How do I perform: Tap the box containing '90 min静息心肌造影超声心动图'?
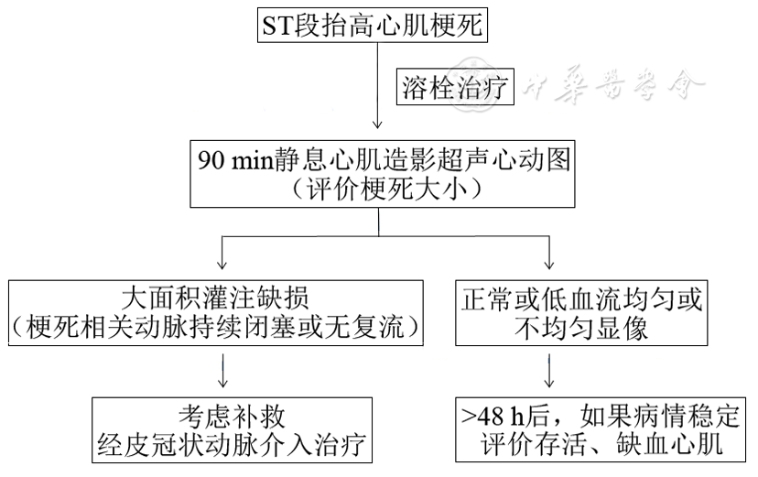point(384,173)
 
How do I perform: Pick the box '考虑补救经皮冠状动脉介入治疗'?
point(233,429)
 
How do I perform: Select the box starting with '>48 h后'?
point(601,429)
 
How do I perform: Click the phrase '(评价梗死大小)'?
point(382,190)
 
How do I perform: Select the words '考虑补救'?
point(233,416)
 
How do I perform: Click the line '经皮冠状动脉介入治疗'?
point(233,445)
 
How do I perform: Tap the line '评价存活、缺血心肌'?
point(601,445)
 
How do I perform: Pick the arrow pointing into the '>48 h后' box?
point(547,370)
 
